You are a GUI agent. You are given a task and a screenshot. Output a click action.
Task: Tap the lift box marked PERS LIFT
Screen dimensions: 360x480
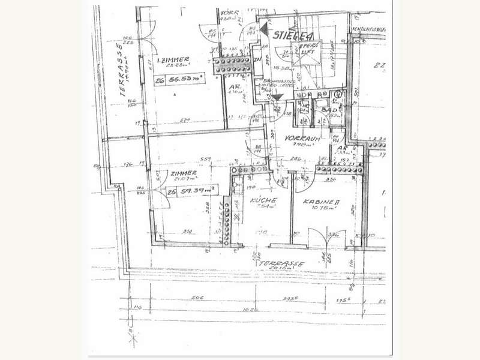(x=307, y=50)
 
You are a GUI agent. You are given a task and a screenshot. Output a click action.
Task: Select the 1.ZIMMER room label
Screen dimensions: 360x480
(x=172, y=61)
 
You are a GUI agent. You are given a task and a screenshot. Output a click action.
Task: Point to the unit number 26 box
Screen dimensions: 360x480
(x=159, y=79)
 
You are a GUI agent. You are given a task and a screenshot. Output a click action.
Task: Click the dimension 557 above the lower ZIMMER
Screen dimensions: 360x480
(x=205, y=158)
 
